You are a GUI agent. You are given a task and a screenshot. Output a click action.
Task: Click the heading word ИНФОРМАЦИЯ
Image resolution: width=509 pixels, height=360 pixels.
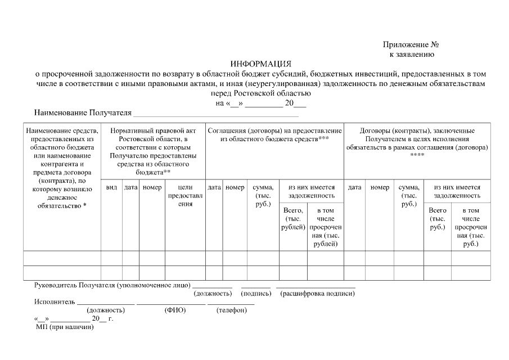[x=260, y=64]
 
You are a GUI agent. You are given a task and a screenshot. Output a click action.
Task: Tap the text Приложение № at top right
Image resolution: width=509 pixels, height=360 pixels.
[x=411, y=44]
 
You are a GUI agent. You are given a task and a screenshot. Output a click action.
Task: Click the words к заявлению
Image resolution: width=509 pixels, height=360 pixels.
[x=412, y=55]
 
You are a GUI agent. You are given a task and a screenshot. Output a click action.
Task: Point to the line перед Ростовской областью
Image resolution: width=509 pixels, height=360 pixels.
[x=260, y=93]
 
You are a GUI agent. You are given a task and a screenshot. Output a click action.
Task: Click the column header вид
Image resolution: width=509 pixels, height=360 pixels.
[x=111, y=187]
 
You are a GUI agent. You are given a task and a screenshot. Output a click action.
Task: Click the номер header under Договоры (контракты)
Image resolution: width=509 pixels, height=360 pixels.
[x=380, y=187]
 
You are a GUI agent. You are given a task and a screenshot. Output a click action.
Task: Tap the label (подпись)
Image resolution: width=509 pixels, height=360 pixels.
[x=256, y=294]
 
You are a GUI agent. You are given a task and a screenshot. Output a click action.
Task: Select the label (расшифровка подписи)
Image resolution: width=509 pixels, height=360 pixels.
[x=317, y=294]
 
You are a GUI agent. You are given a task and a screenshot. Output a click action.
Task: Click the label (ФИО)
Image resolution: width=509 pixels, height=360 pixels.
[x=171, y=310]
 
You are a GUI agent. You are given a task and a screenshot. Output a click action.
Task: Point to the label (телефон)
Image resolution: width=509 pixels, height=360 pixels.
[x=231, y=310]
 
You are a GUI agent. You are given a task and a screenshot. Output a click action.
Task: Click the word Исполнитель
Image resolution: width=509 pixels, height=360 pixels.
[x=55, y=302]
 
